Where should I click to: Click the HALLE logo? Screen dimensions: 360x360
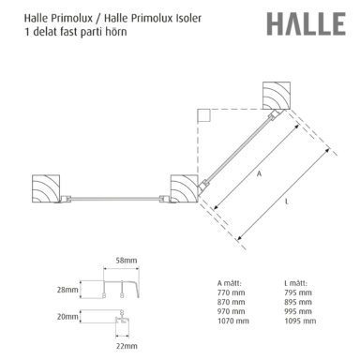tap(306, 23)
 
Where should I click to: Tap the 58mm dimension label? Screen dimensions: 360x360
tap(127, 260)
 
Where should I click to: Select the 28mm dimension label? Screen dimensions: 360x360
tap(67, 290)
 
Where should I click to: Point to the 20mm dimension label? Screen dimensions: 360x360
tap(67, 317)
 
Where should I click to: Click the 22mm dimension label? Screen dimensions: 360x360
tap(127, 346)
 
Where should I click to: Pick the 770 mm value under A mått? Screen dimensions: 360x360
tap(232, 292)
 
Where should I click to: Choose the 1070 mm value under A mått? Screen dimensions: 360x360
tap(233, 321)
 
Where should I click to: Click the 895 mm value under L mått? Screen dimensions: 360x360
tap(298, 302)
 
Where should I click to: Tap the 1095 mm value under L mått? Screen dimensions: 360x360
tap(300, 321)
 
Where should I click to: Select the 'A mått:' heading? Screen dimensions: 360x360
tap(230, 283)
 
